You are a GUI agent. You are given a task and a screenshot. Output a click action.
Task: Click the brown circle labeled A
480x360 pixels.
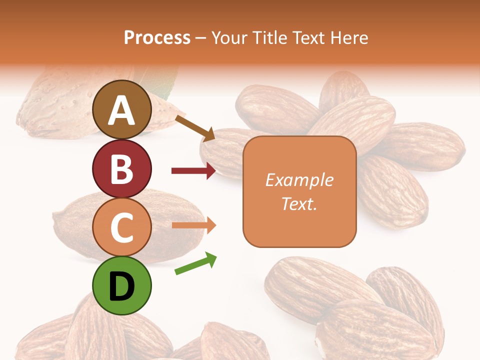[122, 109]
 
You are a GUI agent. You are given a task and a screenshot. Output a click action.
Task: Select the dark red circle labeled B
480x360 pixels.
[122, 168]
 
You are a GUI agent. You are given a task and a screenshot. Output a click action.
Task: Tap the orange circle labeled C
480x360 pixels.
[122, 227]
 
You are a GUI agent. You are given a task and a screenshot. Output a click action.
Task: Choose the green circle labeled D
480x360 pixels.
[122, 286]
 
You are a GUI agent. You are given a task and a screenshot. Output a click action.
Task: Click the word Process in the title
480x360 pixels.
[157, 38]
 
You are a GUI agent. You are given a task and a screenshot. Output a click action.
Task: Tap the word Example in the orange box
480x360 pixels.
[299, 180]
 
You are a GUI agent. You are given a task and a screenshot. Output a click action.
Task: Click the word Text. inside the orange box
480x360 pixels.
[299, 204]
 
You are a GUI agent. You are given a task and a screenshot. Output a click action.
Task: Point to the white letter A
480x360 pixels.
[122, 111]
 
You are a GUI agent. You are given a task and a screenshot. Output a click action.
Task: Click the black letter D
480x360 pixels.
[122, 287]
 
